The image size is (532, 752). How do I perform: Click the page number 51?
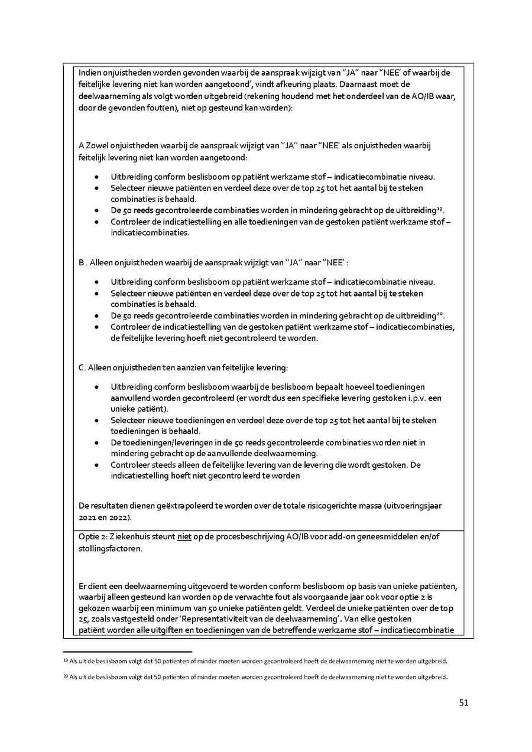click(463, 703)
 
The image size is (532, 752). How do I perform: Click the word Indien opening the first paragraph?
click(89, 73)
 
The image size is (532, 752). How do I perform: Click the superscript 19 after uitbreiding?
click(440, 207)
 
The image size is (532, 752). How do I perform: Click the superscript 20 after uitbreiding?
click(440, 312)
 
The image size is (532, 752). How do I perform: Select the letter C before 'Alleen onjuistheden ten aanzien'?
click(81, 368)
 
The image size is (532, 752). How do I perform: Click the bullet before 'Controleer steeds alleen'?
click(97, 465)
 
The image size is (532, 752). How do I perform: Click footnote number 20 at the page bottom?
click(65, 676)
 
